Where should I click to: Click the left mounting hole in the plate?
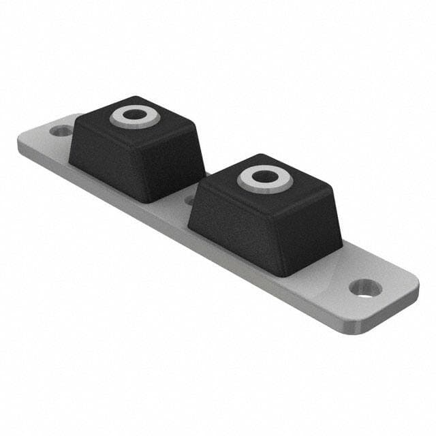point(62,129)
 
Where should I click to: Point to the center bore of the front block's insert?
point(263,176)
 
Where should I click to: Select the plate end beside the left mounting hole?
point(37,136)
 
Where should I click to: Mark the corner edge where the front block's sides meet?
point(280,238)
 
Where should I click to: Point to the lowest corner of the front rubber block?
point(279,275)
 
